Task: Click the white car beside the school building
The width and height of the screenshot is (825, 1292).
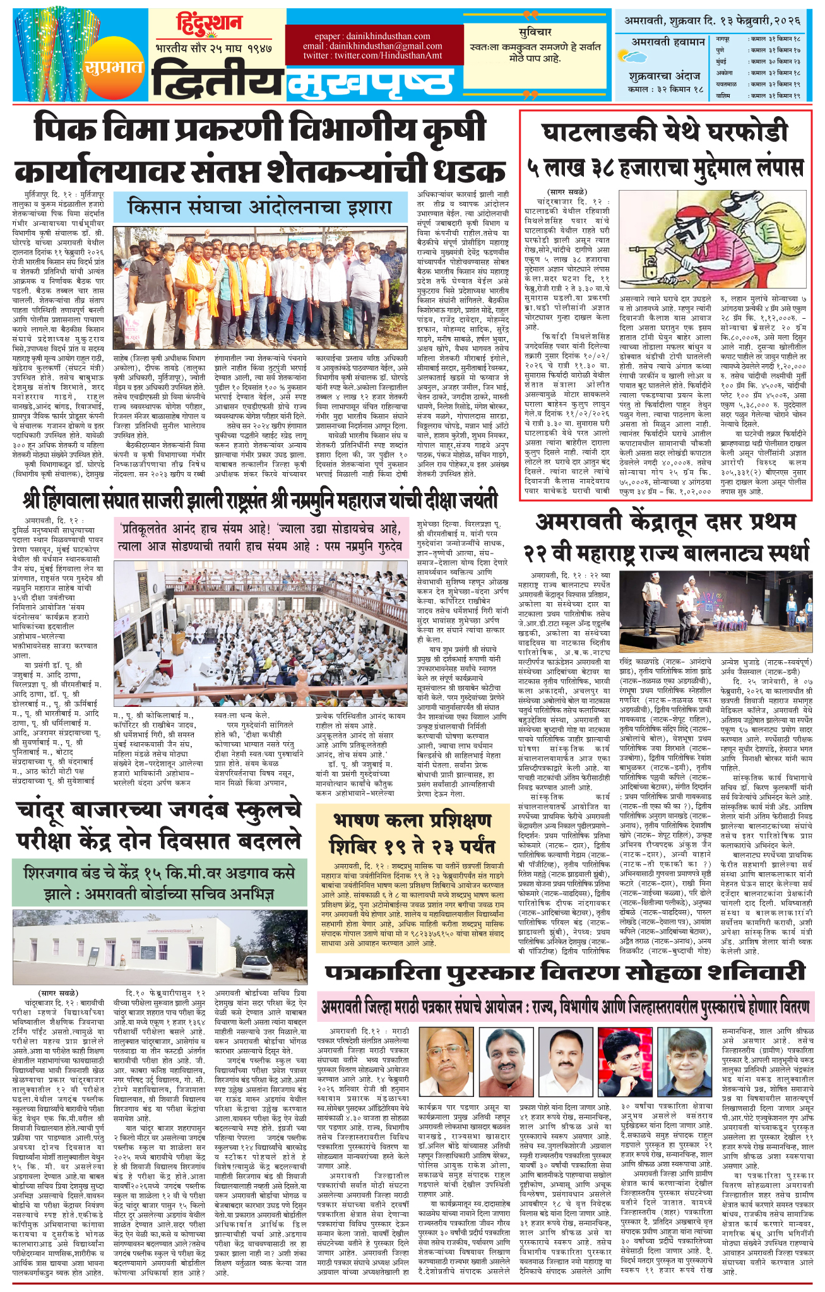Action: pos(255,948)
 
